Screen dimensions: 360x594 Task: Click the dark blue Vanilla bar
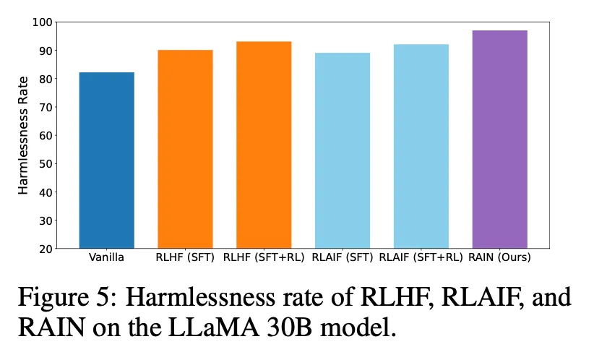106,160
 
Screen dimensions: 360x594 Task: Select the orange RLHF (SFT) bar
185,149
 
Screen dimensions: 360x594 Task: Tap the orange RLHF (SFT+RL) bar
264,145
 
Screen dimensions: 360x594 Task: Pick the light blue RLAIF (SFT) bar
343,150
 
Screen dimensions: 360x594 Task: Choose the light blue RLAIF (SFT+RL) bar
421,146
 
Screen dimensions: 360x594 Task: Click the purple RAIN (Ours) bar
499,140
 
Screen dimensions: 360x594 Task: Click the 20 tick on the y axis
46,249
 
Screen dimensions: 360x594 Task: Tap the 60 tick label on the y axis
46,136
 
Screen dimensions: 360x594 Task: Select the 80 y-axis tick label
46,79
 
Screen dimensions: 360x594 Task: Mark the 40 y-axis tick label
46,192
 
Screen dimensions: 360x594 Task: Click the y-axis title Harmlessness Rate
23,136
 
